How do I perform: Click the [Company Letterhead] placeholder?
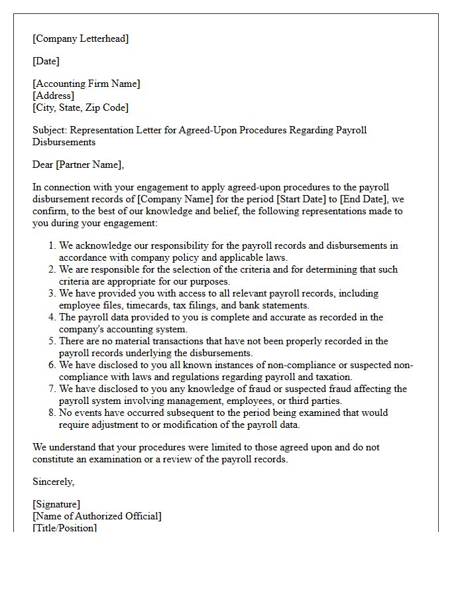click(81, 38)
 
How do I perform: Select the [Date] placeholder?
click(46, 61)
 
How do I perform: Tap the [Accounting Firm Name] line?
click(86, 84)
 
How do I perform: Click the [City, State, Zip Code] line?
click(80, 107)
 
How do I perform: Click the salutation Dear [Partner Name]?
click(78, 165)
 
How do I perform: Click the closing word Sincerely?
click(54, 482)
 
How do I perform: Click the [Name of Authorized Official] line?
click(97, 516)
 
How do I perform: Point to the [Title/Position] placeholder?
click(64, 528)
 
